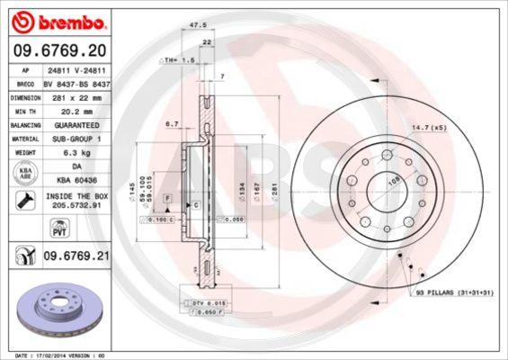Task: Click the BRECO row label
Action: pos(26,83)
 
